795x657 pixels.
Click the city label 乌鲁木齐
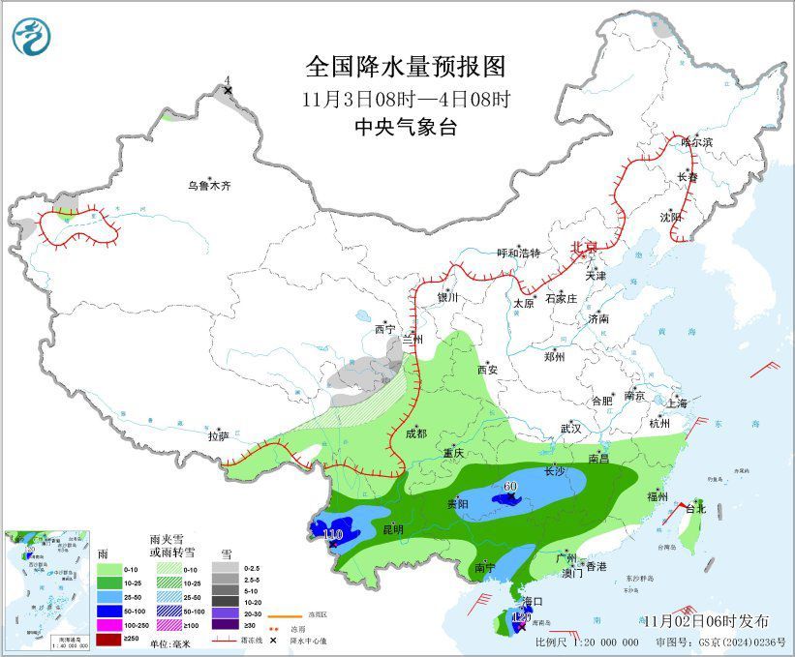tap(210, 185)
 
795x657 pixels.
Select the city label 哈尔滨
tap(695, 141)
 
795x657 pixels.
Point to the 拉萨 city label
tap(218, 436)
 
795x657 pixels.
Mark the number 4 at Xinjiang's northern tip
tap(227, 80)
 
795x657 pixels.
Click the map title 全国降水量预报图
tap(406, 67)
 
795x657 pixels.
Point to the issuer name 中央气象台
tap(406, 127)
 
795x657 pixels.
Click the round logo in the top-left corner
tap(31, 36)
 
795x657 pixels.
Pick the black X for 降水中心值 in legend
tap(274, 641)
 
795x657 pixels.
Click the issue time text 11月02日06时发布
tap(706, 620)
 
